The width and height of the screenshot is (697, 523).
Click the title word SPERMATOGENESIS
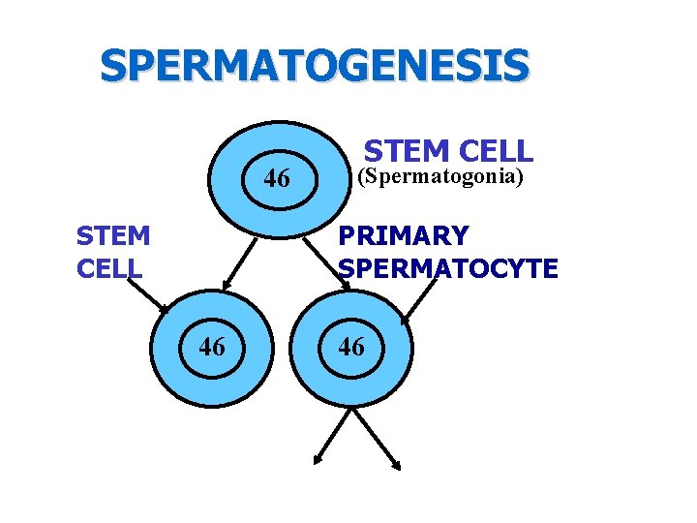315,67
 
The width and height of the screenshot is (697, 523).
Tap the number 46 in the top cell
277,179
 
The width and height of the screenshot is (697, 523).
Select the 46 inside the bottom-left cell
213,346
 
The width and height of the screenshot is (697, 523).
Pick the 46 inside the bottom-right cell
351,347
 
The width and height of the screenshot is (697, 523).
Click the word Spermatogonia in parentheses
440,177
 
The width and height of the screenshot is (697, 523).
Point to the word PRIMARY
403,236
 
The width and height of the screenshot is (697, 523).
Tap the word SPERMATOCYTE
448,268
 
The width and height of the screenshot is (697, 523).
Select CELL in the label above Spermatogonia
493,151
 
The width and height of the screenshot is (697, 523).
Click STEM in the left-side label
112,236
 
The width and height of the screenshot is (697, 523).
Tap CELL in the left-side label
109,268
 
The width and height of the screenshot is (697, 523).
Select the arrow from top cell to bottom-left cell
240,262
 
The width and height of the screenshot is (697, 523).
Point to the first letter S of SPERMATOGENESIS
113,67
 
